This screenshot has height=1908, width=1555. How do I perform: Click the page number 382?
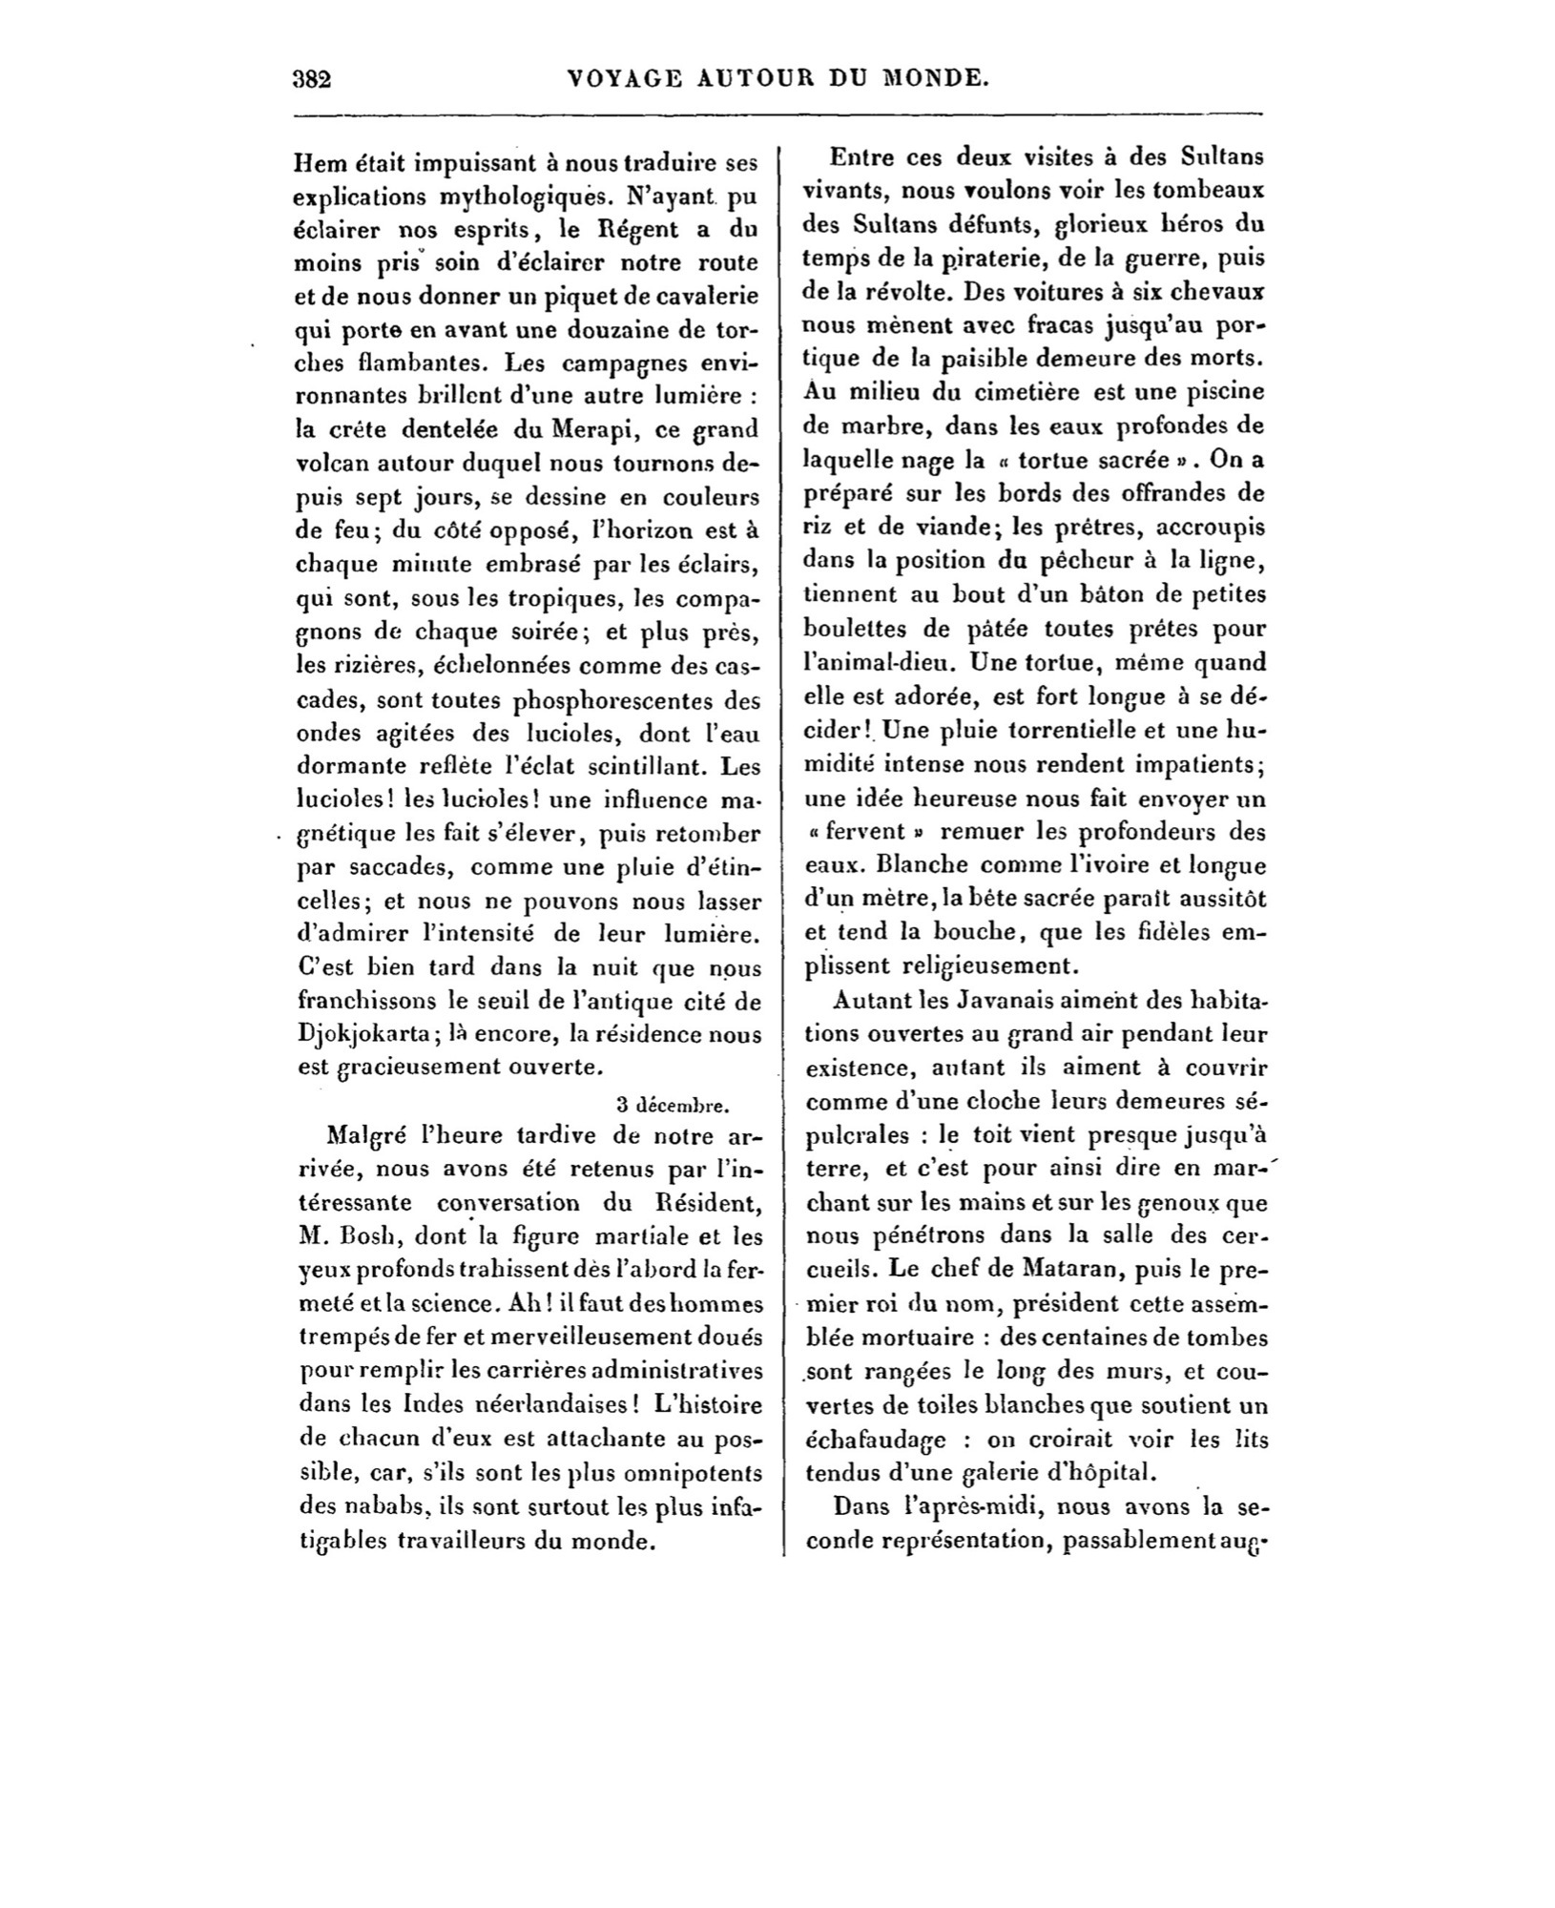pyautogui.click(x=311, y=78)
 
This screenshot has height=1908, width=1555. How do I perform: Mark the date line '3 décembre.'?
pyautogui.click(x=673, y=1106)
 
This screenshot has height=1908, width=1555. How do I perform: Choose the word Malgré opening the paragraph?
pyautogui.click(x=365, y=1137)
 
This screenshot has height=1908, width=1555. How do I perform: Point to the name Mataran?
pyautogui.click(x=1042, y=1270)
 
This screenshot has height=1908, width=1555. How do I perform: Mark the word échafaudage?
pyautogui.click(x=875, y=1439)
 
